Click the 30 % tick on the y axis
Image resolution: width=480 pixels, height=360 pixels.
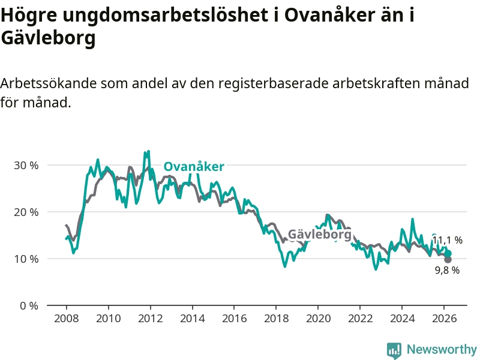[26, 165]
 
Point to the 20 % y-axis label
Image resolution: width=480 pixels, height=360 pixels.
[26, 212]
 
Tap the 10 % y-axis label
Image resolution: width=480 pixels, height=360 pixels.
[26, 259]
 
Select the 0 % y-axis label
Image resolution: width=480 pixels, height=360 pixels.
[29, 305]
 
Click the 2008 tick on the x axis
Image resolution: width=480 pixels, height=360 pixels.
[65, 318]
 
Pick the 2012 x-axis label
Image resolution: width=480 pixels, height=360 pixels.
[149, 318]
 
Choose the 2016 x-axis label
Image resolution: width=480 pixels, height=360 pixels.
[234, 318]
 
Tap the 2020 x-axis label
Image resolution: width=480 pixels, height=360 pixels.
[318, 318]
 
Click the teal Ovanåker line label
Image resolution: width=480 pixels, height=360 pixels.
[194, 167]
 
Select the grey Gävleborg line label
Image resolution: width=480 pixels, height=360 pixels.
[320, 234]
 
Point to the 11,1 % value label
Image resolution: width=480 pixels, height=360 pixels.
[448, 241]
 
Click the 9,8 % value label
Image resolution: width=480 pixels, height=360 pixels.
[447, 271]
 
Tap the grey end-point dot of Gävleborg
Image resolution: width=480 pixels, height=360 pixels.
[448, 259]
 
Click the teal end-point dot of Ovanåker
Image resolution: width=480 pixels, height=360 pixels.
[448, 253]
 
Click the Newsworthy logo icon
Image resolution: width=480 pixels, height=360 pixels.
[394, 349]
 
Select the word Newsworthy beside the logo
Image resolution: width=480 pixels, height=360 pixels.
[442, 349]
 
